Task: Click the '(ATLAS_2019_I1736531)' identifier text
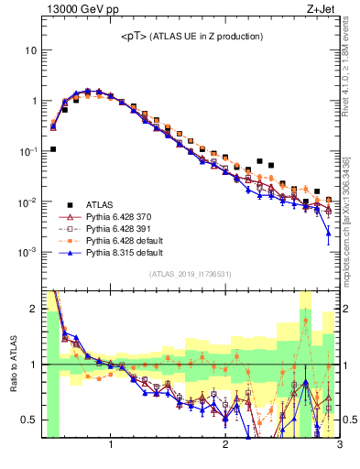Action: click(x=190, y=274)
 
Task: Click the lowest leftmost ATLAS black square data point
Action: click(x=53, y=148)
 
